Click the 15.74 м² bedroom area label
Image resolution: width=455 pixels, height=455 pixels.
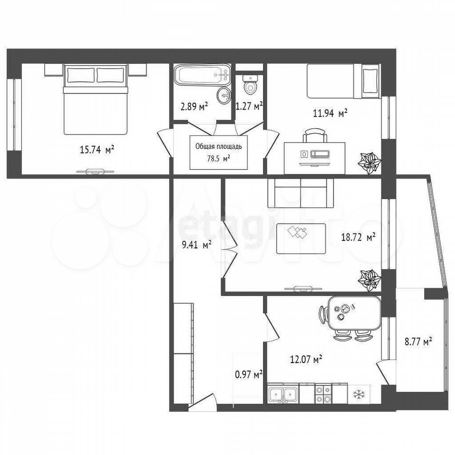click(x=97, y=150)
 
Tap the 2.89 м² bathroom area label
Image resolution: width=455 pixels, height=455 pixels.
click(x=194, y=107)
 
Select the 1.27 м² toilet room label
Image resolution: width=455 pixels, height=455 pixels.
click(x=249, y=106)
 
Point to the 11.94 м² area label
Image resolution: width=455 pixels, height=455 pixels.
click(x=330, y=113)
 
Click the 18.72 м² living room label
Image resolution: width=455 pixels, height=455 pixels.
click(x=359, y=237)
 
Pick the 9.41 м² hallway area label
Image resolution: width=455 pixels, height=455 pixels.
click(x=196, y=245)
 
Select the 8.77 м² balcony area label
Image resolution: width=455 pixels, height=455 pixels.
click(x=419, y=341)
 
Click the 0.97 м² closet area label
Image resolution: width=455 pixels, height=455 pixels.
click(x=249, y=375)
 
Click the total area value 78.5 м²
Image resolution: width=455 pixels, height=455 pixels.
click(x=218, y=159)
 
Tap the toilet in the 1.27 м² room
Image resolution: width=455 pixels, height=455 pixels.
click(x=250, y=84)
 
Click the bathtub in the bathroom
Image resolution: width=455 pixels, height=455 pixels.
click(x=202, y=75)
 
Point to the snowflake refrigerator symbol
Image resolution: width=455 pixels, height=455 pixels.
click(x=359, y=394)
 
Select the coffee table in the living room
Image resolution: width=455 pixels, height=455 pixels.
click(x=301, y=238)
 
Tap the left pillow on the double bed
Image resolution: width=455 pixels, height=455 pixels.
click(x=81, y=75)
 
